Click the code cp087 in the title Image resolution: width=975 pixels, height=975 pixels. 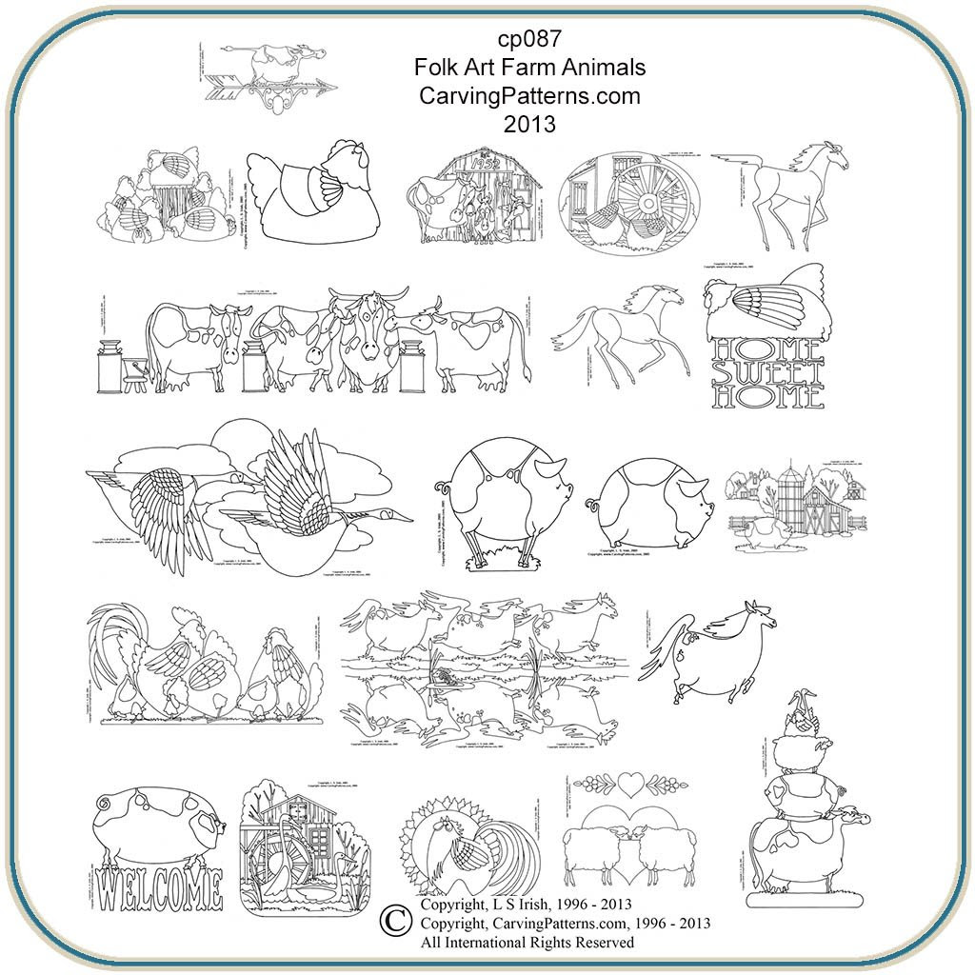point(530,40)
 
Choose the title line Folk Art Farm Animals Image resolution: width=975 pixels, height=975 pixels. point(530,68)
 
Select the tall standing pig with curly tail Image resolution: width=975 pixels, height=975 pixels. point(502,499)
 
